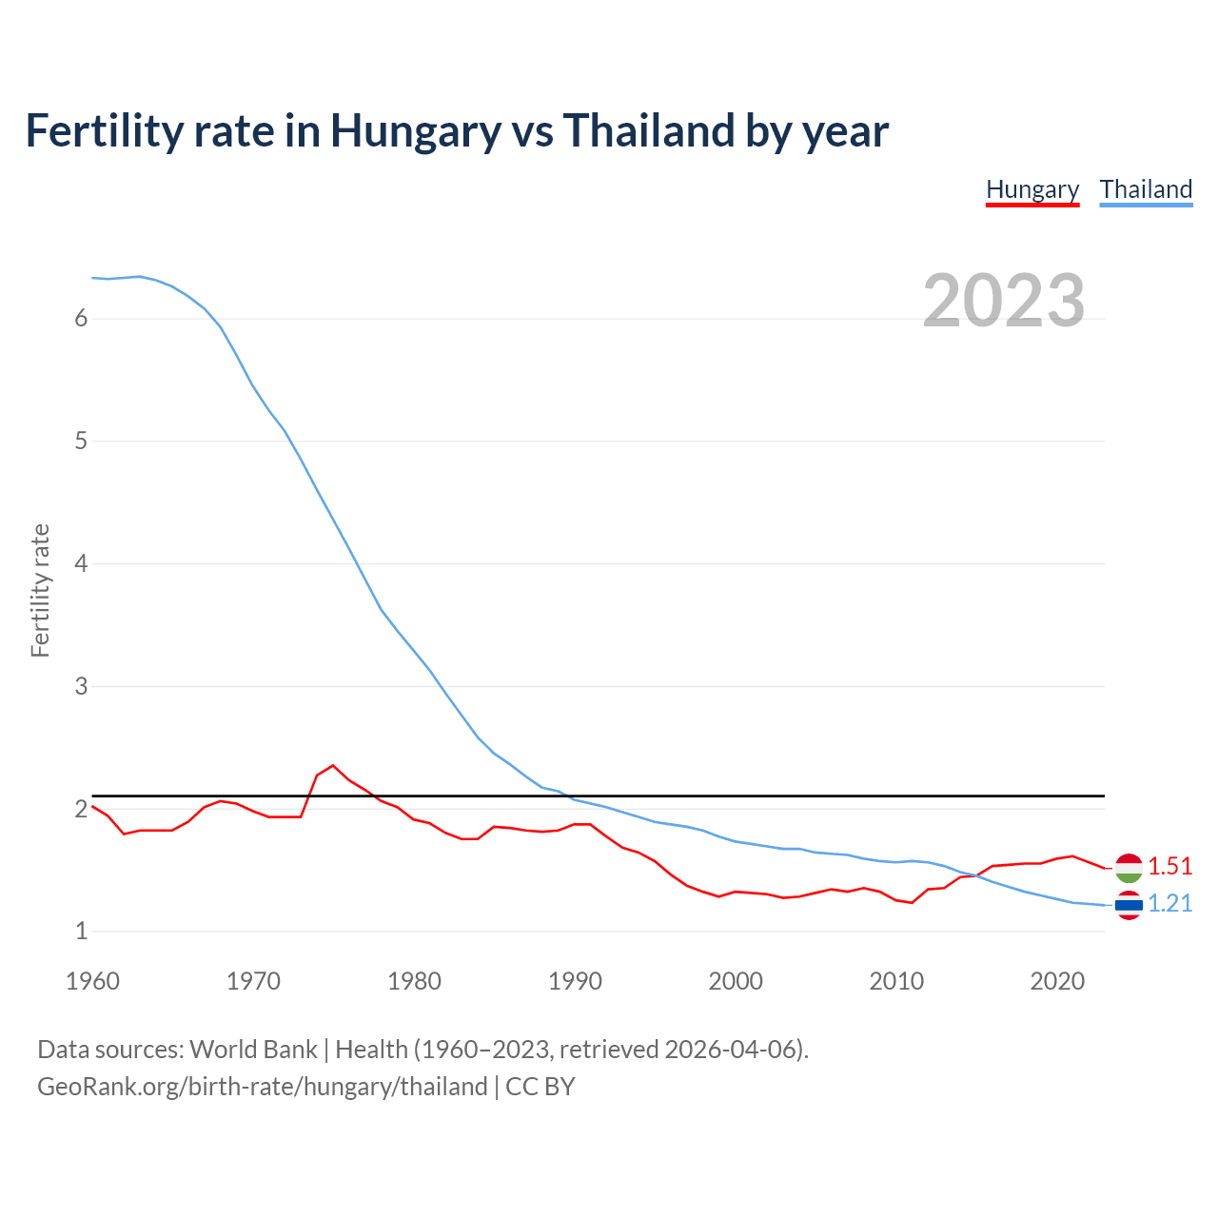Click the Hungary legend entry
pyautogui.click(x=1032, y=189)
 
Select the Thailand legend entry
pyautogui.click(x=1146, y=189)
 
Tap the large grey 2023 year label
pyautogui.click(x=1004, y=301)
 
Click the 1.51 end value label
pyautogui.click(x=1169, y=866)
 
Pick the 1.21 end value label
pyautogui.click(x=1169, y=903)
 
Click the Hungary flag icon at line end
pyautogui.click(x=1129, y=867)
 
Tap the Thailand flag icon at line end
pyautogui.click(x=1129, y=905)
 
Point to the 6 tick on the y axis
pyautogui.click(x=81, y=319)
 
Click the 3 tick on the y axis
pyautogui.click(x=81, y=686)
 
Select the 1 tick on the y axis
pyautogui.click(x=81, y=932)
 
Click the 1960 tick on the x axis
pyautogui.click(x=92, y=981)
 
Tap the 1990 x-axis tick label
pyautogui.click(x=575, y=981)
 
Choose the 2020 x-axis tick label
pyautogui.click(x=1057, y=981)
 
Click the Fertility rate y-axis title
pyautogui.click(x=40, y=590)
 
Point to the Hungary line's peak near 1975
pyautogui.click(x=333, y=765)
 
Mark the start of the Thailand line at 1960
pyautogui.click(x=93, y=278)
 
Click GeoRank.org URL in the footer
pyautogui.click(x=262, y=1087)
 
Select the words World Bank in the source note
pyautogui.click(x=253, y=1050)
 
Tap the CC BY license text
pyautogui.click(x=540, y=1087)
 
